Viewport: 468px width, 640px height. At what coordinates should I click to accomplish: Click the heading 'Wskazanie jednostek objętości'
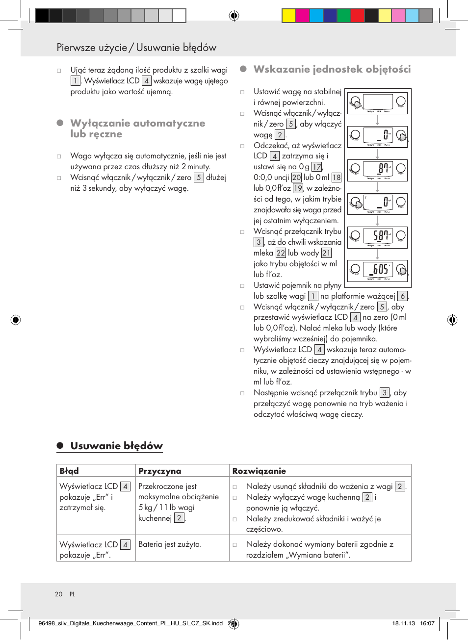(x=332, y=69)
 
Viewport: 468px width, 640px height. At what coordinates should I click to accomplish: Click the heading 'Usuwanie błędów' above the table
(x=116, y=446)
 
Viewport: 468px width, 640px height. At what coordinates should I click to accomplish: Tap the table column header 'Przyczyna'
(x=159, y=471)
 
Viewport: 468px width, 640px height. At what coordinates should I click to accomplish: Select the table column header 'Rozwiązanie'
(x=259, y=471)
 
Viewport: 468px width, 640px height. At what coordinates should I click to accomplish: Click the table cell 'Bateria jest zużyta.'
(x=170, y=544)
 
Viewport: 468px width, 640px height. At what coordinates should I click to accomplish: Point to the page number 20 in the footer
(x=59, y=594)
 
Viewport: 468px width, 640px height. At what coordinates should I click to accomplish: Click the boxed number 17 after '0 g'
(x=317, y=167)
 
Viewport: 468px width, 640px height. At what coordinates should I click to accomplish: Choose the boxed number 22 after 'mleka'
(x=281, y=253)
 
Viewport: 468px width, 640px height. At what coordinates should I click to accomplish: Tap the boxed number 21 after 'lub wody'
(x=326, y=253)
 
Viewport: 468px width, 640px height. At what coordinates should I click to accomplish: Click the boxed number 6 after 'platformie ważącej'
(x=402, y=296)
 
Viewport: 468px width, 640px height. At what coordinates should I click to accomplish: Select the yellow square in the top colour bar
(x=288, y=16)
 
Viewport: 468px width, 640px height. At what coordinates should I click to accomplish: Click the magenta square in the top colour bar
(x=302, y=16)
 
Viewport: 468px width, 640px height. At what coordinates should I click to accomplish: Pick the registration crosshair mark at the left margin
(x=16, y=320)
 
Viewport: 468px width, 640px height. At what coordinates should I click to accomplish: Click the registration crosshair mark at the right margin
(x=452, y=320)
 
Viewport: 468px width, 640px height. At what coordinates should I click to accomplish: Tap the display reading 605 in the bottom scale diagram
(x=378, y=269)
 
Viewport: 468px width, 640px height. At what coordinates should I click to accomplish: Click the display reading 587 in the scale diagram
(x=378, y=236)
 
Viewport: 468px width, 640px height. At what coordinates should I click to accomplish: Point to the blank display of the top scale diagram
(x=378, y=102)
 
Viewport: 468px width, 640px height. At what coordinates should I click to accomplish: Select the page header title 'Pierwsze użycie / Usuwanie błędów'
(x=136, y=48)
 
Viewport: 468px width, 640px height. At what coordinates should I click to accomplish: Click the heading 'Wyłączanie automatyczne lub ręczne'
(x=137, y=128)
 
